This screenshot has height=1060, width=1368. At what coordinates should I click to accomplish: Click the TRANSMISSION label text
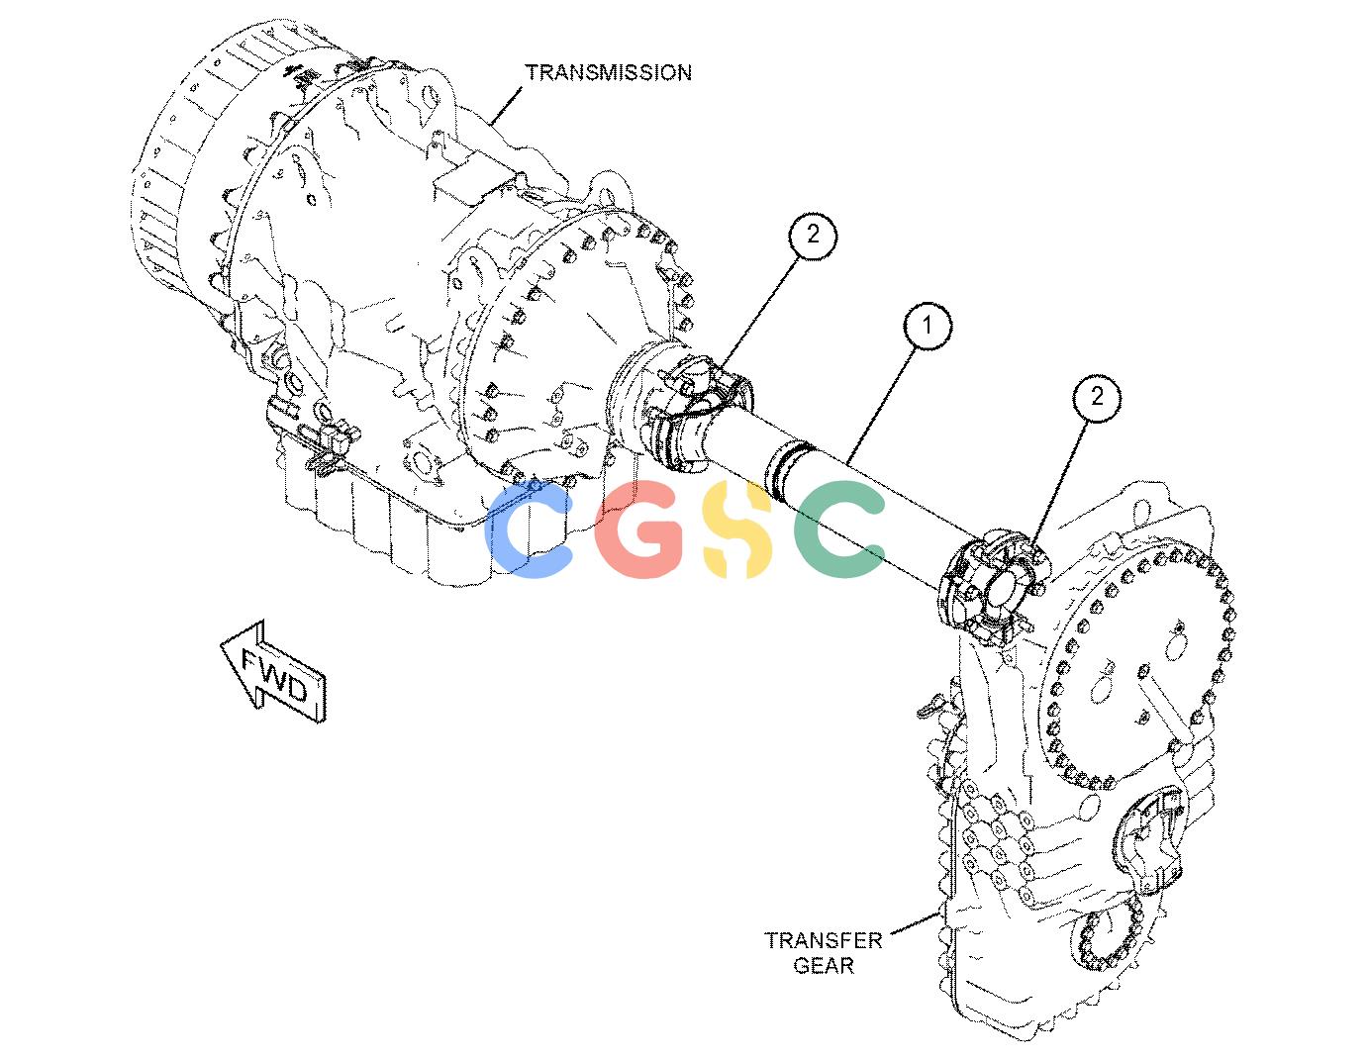[x=608, y=73]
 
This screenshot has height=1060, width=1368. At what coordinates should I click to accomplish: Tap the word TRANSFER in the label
[x=823, y=940]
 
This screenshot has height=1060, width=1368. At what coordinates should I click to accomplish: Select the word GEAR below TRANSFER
[x=824, y=966]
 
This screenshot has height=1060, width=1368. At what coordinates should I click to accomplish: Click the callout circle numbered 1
[x=927, y=326]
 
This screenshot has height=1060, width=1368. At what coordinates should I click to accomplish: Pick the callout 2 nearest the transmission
[x=813, y=235]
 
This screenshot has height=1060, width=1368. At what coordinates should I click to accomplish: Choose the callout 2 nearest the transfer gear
[x=1097, y=397]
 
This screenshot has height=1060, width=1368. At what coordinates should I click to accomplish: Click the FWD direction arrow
[x=274, y=671]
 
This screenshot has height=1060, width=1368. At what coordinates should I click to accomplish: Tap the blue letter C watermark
[x=530, y=530]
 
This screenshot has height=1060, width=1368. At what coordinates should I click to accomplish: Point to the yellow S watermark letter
[x=736, y=530]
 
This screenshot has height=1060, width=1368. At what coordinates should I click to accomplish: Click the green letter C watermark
[x=839, y=530]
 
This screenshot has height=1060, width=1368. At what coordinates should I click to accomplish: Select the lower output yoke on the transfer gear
[x=1150, y=841]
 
